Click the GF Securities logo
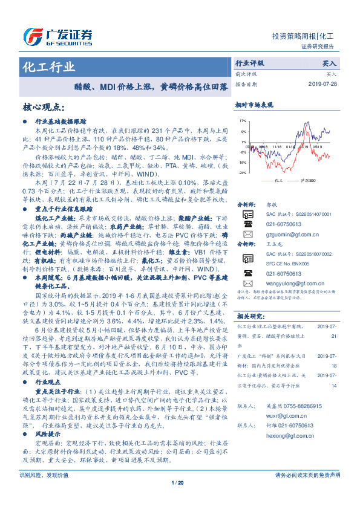click(x=57, y=35)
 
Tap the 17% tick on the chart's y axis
click(x=242, y=122)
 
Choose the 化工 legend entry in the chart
click(x=275, y=180)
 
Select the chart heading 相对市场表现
click(x=254, y=105)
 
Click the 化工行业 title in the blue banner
click(x=49, y=66)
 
